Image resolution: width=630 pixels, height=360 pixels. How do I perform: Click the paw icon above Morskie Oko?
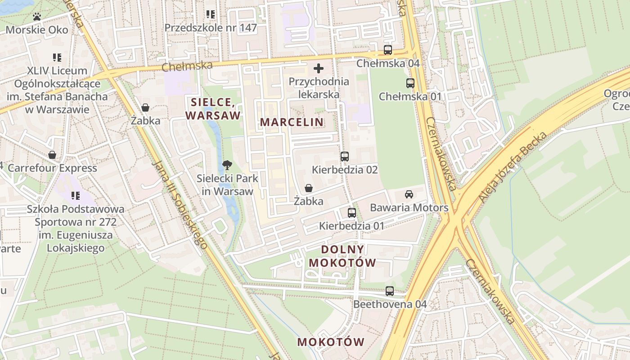37,17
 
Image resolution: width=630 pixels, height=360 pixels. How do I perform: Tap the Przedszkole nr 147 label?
211,28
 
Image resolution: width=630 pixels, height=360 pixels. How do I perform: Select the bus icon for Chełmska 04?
387,50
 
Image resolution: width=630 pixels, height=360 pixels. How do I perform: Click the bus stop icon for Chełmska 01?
410,83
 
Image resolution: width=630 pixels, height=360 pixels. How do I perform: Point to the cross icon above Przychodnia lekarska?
319,68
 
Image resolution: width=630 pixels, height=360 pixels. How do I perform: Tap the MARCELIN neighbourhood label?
292,122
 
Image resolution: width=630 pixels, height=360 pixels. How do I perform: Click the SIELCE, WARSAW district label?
213,108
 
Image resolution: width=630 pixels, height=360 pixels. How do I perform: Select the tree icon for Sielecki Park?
227,165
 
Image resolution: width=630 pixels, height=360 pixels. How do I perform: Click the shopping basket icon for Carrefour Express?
52,155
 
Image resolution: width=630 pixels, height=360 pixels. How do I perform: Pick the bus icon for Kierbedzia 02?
344,157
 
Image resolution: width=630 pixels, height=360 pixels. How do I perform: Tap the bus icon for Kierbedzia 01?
351,212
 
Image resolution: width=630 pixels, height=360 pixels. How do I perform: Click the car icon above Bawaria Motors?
409,194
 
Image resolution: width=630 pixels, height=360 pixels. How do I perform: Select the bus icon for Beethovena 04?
389,291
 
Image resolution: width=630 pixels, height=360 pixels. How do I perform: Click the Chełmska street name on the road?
187,66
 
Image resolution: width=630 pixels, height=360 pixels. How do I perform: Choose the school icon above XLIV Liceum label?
57,58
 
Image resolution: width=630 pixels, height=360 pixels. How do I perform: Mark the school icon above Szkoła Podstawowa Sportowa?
75,196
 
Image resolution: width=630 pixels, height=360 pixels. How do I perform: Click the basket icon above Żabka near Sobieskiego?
145,108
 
